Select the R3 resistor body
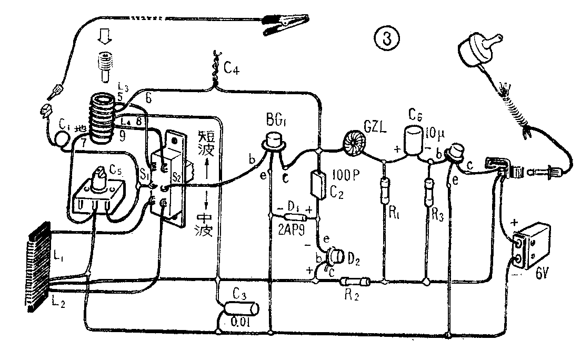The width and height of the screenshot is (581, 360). [x=429, y=187]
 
